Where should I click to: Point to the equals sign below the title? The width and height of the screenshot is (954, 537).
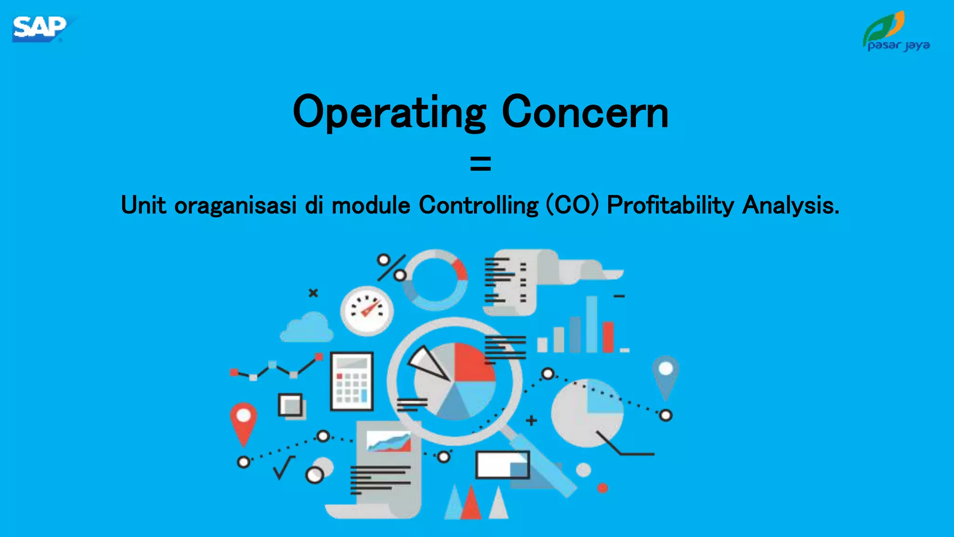480,164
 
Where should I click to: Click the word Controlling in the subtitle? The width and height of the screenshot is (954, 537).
478,205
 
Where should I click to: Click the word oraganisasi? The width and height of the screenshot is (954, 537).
235,205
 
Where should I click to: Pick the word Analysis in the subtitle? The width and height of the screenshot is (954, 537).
790,205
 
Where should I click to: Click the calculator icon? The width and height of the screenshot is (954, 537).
352,381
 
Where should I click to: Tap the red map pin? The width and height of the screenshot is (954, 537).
243,421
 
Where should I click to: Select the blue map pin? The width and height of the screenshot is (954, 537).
665,375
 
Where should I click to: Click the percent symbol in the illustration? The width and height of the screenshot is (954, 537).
391,268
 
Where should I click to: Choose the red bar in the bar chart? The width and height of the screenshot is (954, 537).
608,337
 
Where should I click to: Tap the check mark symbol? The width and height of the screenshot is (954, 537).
284,468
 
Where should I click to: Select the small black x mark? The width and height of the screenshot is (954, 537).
313,293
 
